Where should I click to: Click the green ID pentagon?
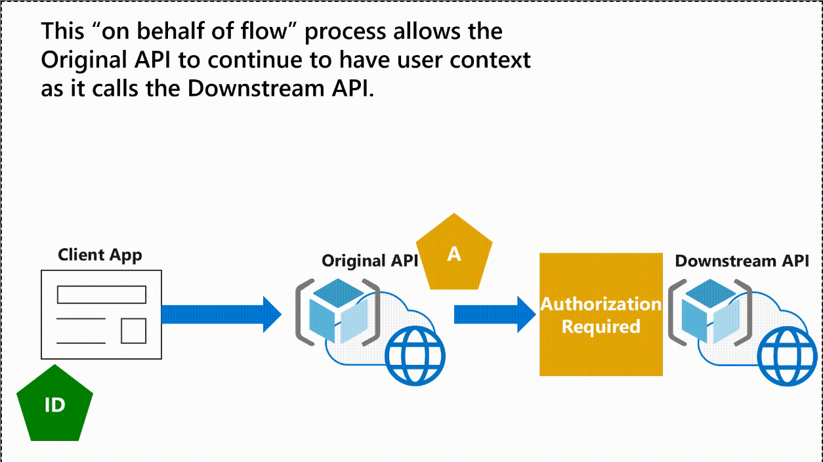point(54,404)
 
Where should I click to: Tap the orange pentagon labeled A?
point(454,253)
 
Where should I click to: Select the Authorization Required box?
point(601,314)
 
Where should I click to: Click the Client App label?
point(100,255)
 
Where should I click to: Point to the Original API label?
point(369,261)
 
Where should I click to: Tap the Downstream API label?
point(742,261)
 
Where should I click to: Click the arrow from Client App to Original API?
point(222,314)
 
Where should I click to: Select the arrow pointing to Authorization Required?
point(495,314)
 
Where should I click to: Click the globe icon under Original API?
point(415,356)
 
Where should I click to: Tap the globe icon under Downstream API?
point(788,356)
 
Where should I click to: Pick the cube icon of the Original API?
point(339,310)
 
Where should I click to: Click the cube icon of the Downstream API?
point(711,310)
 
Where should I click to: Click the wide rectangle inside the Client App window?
point(102,295)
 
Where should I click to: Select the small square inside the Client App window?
point(133,331)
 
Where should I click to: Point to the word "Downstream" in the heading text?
point(256,89)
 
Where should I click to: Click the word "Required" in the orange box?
point(601,327)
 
